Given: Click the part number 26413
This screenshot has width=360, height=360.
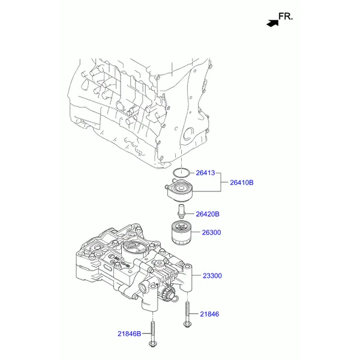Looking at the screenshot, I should tap(205, 172).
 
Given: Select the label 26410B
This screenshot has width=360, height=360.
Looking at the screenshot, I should tap(241, 182).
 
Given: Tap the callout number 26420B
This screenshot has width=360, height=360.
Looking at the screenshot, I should tap(208, 214).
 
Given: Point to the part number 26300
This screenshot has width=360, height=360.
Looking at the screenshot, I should tap(211, 232).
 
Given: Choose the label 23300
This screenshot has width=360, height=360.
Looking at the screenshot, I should tap(212, 276).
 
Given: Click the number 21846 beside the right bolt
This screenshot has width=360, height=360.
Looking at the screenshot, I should tap(209, 314).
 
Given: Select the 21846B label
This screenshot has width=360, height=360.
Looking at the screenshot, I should tap(129, 333).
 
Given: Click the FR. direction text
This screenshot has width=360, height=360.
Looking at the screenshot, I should tap(286, 17).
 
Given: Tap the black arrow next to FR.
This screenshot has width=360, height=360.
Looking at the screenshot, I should tap(272, 22).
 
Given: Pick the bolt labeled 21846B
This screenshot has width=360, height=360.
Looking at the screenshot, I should tap(155, 335).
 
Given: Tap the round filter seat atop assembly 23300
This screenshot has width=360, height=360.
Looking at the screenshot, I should tap(133, 248).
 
